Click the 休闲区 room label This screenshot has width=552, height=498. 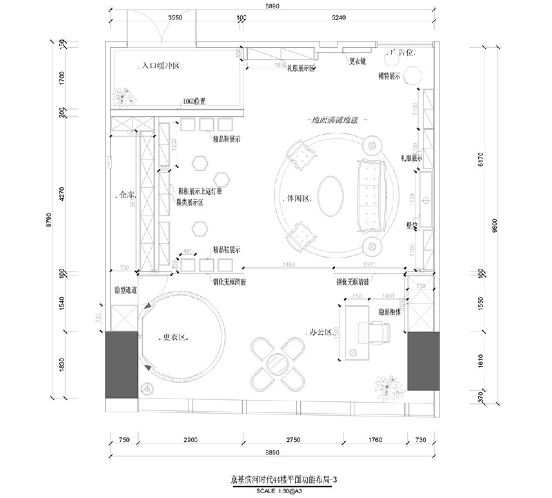click(299, 198)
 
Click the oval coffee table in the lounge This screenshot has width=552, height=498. click(330, 196)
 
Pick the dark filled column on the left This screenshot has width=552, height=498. click(121, 364)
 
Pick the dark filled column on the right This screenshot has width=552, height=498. click(423, 361)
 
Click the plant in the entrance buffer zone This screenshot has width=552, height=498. click(124, 96)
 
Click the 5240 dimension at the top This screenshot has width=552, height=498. click(338, 18)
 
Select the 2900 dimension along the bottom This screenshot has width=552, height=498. click(191, 440)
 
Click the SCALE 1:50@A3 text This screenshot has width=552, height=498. click(282, 491)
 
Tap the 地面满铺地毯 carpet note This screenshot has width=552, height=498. click(335, 120)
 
